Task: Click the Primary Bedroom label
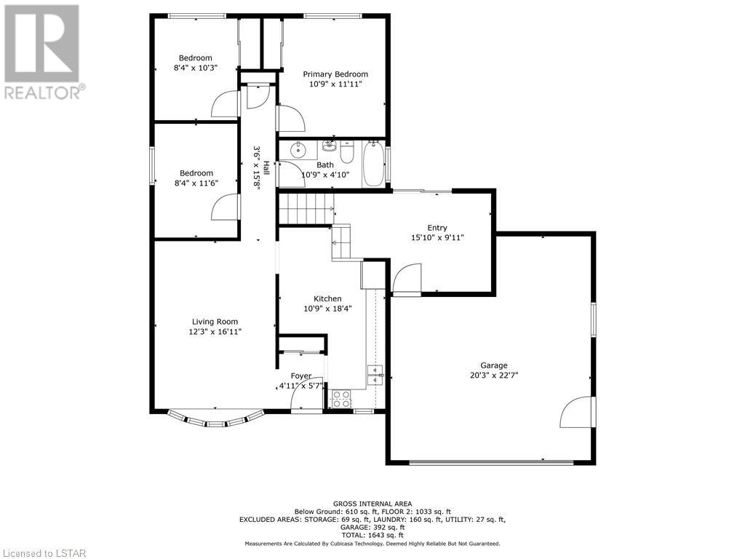335,74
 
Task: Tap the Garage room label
494,365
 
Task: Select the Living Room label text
215,322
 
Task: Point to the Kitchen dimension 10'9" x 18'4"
327,309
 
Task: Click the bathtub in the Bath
375,164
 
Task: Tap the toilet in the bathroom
347,152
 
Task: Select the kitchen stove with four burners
340,399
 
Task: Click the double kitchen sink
375,375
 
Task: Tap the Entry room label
437,228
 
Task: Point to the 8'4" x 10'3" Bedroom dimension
195,68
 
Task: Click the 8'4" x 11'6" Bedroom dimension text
196,183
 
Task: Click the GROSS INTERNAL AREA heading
372,504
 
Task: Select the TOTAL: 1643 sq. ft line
372,535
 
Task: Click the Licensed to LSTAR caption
44,553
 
